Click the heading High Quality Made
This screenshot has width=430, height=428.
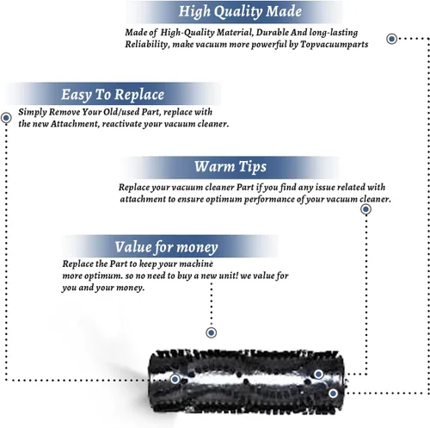click(x=240, y=12)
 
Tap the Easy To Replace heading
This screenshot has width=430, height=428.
click(x=113, y=95)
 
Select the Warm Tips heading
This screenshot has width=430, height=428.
click(x=230, y=166)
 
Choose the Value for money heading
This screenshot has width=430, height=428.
click(x=166, y=247)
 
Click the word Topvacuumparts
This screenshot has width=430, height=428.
click(x=335, y=45)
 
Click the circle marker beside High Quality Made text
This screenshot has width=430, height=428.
click(x=391, y=39)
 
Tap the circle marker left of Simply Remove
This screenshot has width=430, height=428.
click(x=6, y=118)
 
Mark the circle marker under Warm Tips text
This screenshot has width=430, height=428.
click(x=365, y=209)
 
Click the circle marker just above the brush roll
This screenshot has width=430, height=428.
click(x=212, y=332)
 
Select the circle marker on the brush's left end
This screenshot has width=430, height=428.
click(x=175, y=379)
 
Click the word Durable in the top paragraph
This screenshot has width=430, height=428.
click(x=273, y=33)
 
